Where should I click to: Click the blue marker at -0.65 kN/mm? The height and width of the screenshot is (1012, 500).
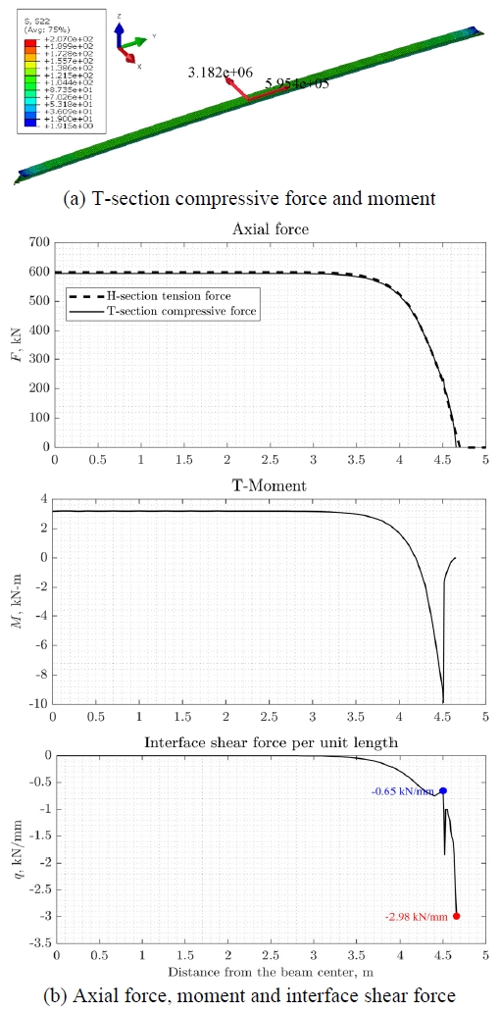(x=443, y=790)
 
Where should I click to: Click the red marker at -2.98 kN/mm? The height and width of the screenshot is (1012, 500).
(x=456, y=916)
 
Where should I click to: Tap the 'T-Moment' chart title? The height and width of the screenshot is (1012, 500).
(x=269, y=485)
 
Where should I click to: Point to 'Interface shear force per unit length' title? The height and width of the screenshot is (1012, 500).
(x=269, y=742)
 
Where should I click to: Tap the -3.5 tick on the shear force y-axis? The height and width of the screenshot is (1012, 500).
(x=35, y=943)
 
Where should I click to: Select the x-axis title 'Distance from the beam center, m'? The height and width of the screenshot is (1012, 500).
(x=269, y=972)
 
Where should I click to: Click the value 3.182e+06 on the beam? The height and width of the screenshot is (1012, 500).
(x=221, y=73)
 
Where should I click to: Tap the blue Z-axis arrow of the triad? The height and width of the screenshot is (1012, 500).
(x=119, y=31)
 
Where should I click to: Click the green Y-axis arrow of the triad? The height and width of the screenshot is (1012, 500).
(x=138, y=42)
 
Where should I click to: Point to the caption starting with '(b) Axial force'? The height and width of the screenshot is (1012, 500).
(x=250, y=995)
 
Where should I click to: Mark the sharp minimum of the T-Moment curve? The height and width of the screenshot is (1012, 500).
(x=442, y=701)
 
